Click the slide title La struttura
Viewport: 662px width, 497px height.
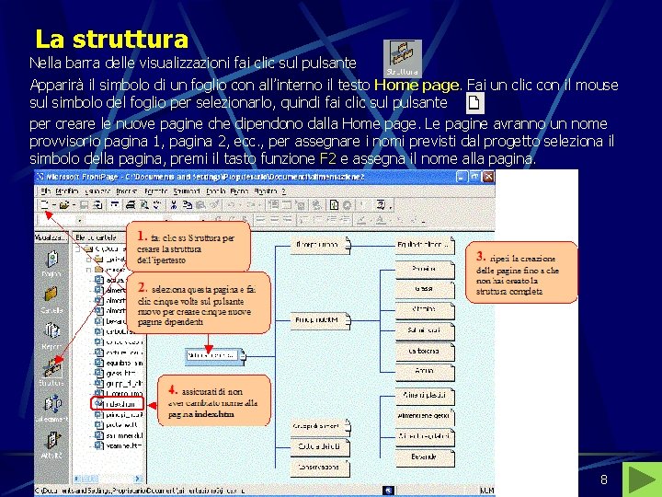111,40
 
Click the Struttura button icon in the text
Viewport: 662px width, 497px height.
402,58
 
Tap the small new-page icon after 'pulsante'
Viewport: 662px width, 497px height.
474,102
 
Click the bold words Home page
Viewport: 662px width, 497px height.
417,85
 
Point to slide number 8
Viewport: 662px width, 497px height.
603,480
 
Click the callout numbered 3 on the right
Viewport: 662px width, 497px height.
522,272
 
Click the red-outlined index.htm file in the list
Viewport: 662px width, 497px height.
117,403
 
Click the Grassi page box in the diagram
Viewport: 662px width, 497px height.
424,288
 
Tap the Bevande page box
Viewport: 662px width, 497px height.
424,457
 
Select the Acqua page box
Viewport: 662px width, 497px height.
424,370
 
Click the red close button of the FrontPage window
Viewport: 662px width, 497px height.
487,176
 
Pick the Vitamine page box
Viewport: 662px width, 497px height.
424,309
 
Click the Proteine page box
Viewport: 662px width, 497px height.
424,267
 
